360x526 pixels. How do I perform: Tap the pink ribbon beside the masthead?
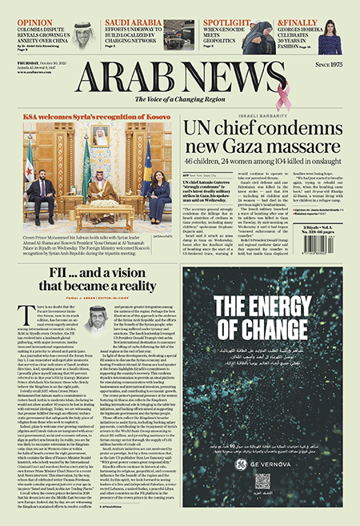(282, 97)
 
